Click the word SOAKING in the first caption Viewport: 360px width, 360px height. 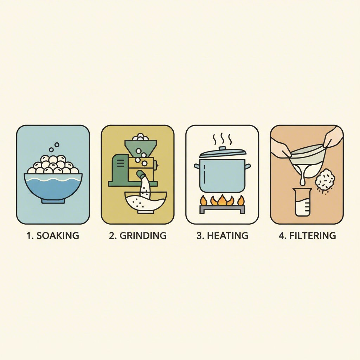coord(58,236)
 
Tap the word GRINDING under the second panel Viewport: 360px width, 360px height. coord(143,236)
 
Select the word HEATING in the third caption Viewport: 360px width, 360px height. coord(227,236)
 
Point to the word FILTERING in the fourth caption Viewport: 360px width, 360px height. coord(313,236)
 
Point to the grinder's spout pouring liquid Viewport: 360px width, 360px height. coord(141,175)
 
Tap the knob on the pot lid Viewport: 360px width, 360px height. coord(222,149)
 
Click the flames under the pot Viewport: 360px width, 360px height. coord(222,200)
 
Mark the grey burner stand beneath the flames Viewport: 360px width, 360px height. coord(222,209)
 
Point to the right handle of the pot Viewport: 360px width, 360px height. coord(248,166)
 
